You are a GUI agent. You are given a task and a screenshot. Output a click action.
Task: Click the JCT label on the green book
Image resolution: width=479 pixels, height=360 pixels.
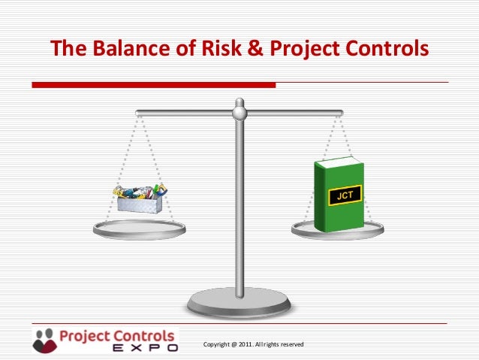tap(345, 195)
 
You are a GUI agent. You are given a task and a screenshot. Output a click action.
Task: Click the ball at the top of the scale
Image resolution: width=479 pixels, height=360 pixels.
tap(239, 113)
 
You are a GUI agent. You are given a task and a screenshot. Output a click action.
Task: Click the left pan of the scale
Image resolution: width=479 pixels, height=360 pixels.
tap(139, 230)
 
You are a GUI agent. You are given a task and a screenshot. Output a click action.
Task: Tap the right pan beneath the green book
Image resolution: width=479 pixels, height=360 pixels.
tap(338, 231)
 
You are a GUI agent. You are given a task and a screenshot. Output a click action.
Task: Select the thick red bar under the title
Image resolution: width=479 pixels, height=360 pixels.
tap(154, 84)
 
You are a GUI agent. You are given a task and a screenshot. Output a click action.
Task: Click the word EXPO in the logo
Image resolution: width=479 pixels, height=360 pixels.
tap(145, 348)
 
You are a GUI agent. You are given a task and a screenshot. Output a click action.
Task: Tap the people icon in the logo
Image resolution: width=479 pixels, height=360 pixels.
tap(44, 339)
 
